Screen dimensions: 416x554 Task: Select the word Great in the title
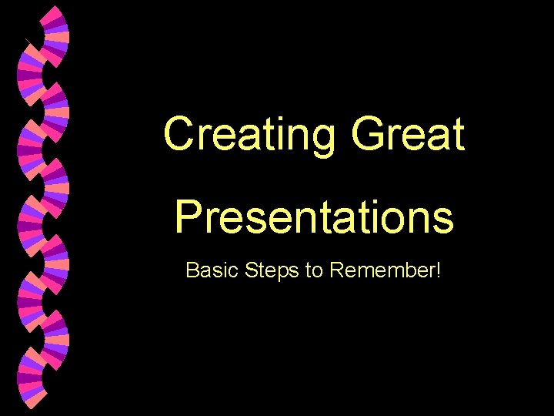408,134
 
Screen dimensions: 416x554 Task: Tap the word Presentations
314,216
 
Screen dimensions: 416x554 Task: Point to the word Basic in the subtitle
209,270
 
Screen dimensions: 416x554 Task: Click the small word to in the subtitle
314,271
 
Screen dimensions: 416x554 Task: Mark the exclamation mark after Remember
437,270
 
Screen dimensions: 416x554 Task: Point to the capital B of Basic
192,270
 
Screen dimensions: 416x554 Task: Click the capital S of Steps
249,270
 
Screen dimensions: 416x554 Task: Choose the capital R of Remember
335,270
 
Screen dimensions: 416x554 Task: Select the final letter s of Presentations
444,218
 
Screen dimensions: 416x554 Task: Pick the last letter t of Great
458,135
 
